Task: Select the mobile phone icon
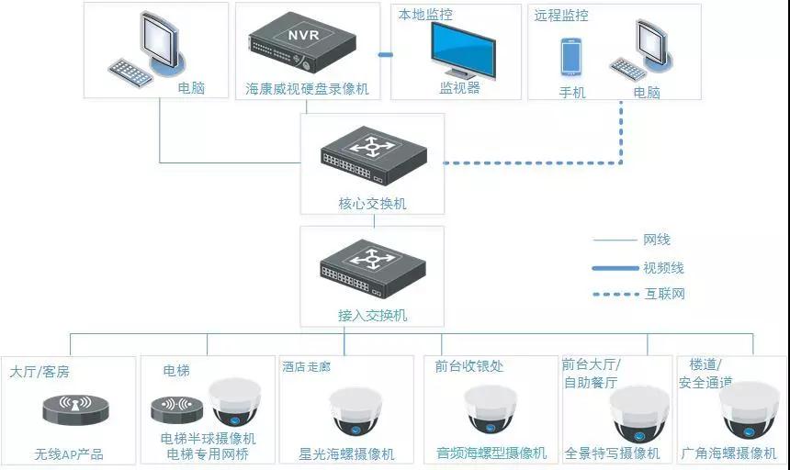click(571, 56)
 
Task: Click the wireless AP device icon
click(75, 409)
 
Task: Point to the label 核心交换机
click(372, 203)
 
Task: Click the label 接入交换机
click(372, 315)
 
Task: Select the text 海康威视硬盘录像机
click(307, 89)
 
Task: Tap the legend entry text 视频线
click(663, 268)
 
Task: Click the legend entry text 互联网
click(663, 294)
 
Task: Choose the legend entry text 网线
click(657, 240)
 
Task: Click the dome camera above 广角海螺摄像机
click(748, 409)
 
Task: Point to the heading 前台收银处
click(469, 366)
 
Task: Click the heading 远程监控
click(561, 16)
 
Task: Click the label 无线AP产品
click(69, 453)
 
